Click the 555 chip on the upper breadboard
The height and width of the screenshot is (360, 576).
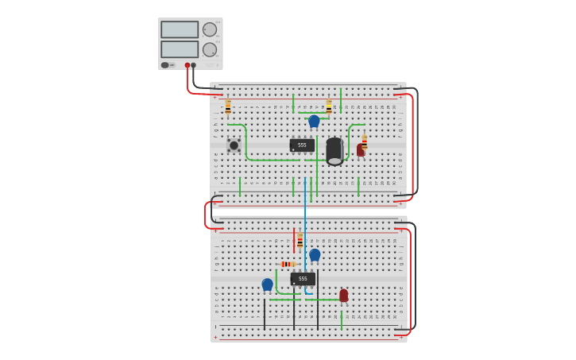point(302,145)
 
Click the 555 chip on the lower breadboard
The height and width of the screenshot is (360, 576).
point(303,279)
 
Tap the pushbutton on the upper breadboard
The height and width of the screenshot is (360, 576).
point(234,145)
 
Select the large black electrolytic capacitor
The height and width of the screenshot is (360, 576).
point(334,151)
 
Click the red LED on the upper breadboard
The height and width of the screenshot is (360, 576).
point(360,149)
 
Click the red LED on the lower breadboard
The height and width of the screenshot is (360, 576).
point(343,296)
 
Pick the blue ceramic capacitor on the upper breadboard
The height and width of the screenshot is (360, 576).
point(314,121)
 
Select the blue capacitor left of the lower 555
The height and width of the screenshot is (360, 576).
point(267,284)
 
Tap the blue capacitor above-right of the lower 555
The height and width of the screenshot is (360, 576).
point(315,254)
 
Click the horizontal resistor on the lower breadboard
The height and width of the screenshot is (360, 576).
point(288,264)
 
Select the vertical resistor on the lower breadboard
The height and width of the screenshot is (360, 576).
point(300,240)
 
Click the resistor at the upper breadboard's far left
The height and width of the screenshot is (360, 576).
point(228,106)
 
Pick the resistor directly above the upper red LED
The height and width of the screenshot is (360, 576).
point(364,141)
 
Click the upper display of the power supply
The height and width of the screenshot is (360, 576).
point(180,29)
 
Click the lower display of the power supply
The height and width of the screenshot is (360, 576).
point(180,49)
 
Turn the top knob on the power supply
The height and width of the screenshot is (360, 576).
point(209,29)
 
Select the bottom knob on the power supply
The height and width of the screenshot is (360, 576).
point(209,49)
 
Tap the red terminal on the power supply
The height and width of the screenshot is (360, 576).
point(187,65)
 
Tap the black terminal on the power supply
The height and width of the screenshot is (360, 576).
point(193,65)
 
